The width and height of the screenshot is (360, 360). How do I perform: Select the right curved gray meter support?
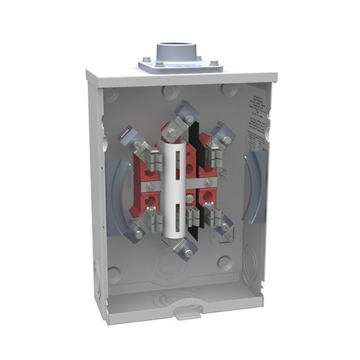coord(256,186)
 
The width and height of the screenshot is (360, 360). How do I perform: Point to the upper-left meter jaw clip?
coord(153,159)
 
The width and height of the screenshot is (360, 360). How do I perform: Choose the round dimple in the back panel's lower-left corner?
coord(115,274)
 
